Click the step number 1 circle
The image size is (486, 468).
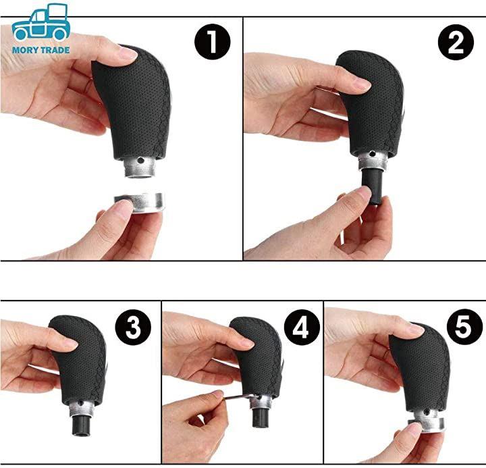pyautogui.click(x=213, y=42)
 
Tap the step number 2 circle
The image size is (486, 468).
pyautogui.click(x=456, y=42)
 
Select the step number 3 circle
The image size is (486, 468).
pyautogui.click(x=133, y=327)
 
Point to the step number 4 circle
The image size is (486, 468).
pyautogui.click(x=302, y=327)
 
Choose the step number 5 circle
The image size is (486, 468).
pyautogui.click(x=464, y=327)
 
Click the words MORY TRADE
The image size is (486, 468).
pyautogui.click(x=41, y=50)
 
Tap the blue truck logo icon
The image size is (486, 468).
pyautogui.click(x=41, y=22)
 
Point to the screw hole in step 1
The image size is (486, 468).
pyautogui.click(x=140, y=160)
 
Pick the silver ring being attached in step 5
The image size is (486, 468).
pyautogui.click(x=427, y=424)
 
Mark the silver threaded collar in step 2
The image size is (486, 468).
pyautogui.click(x=373, y=160)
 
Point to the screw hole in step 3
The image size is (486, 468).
pyautogui.click(x=81, y=403)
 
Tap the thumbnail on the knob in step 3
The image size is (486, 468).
pyautogui.click(x=69, y=342)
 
